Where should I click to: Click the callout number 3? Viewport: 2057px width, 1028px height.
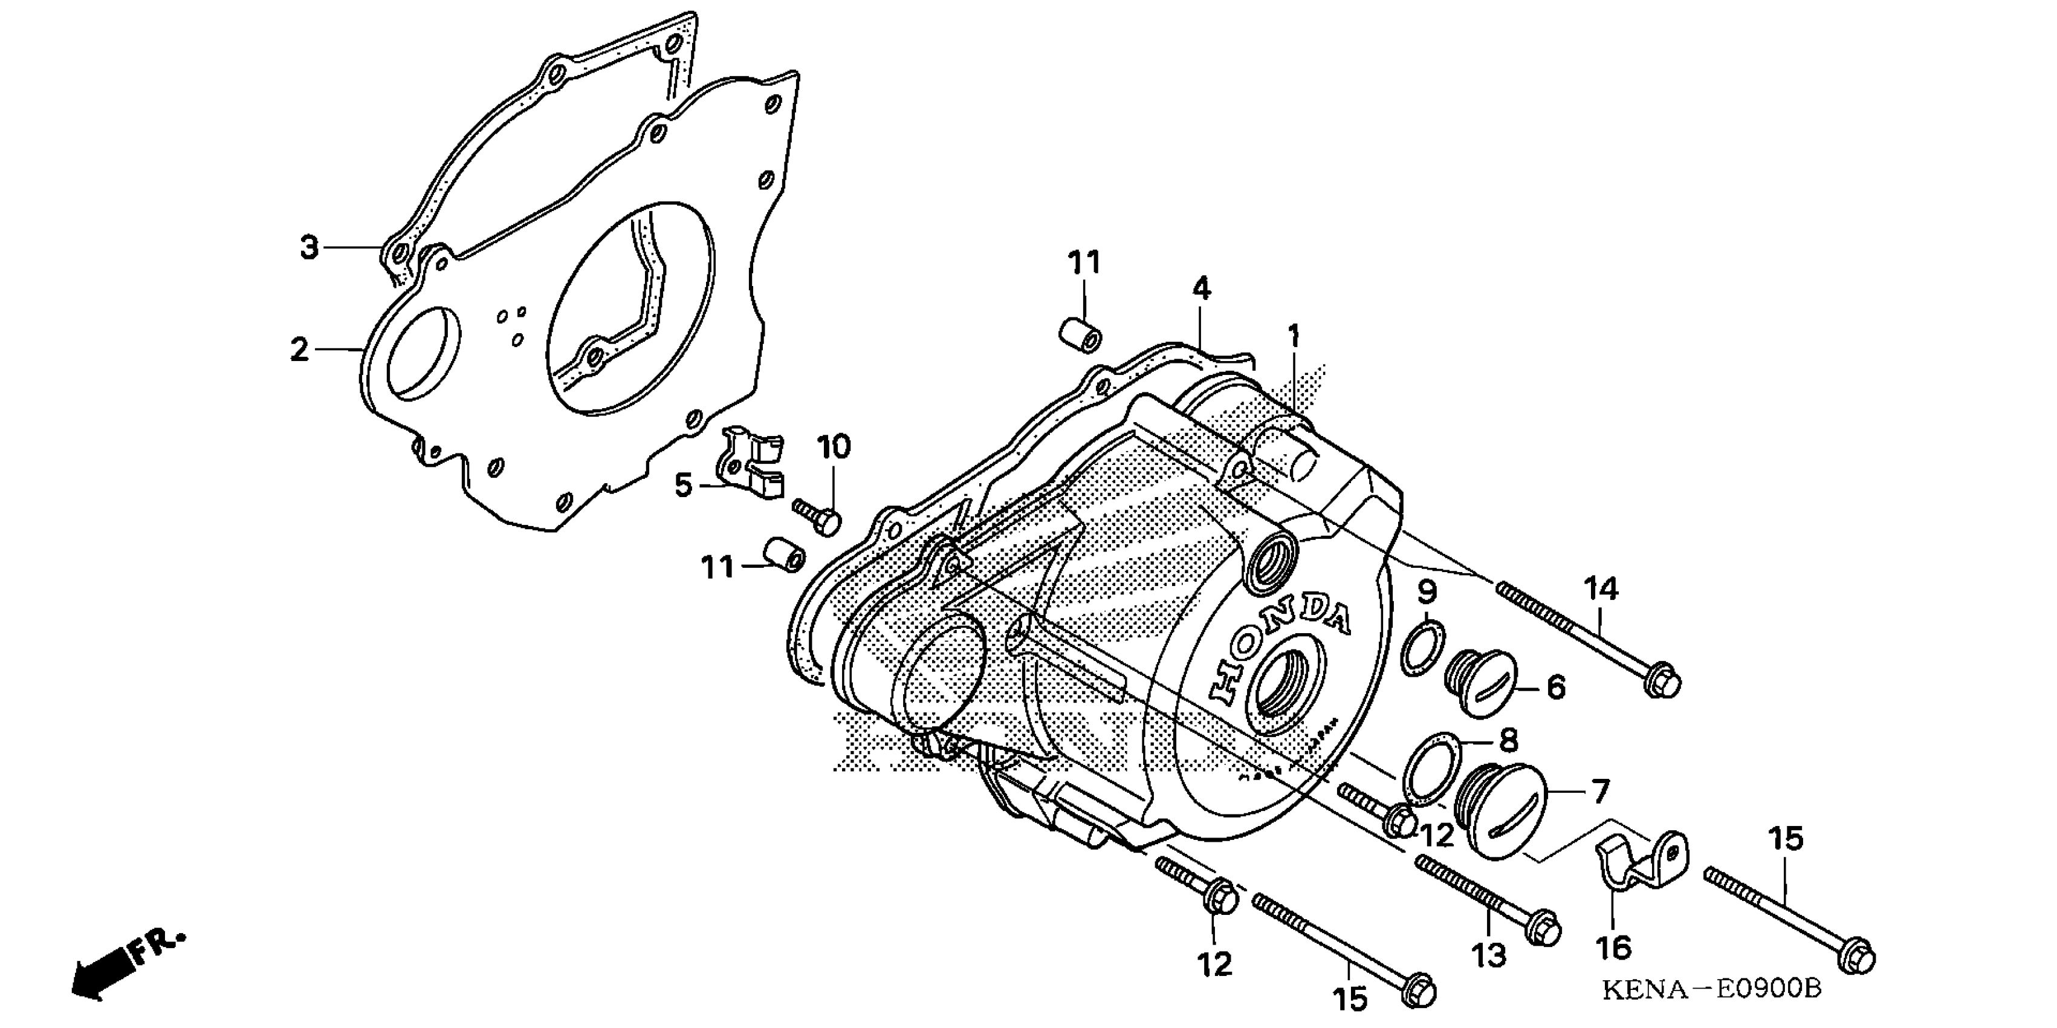click(x=309, y=247)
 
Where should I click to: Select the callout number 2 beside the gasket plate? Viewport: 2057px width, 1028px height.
click(x=299, y=349)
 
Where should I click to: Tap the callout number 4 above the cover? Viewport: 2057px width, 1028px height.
click(x=1202, y=289)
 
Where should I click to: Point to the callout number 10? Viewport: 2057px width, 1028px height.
click(x=834, y=447)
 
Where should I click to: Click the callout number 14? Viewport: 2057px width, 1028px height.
click(x=1601, y=589)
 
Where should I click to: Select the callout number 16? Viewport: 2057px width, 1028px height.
click(x=1613, y=948)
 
